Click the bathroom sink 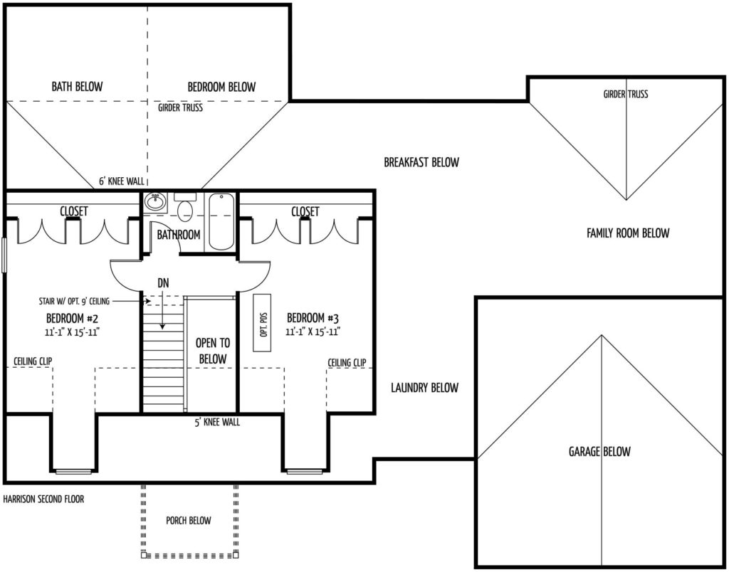[x=154, y=203]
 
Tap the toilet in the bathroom [x=185, y=206]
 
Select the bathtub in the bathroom [x=221, y=222]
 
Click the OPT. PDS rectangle [x=262, y=322]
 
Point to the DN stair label [x=163, y=282]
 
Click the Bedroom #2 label [x=72, y=318]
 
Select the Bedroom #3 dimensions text [x=313, y=332]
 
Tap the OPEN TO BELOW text [x=212, y=351]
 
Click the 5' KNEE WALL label [x=217, y=422]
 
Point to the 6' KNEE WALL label [x=122, y=181]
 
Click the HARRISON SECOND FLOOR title [x=43, y=499]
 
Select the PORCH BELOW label [x=188, y=521]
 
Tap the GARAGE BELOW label [x=599, y=451]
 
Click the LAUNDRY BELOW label [x=424, y=388]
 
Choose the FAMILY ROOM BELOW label [x=628, y=233]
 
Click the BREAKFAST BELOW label [x=421, y=162]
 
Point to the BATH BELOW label [x=77, y=86]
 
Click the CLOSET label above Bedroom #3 [x=305, y=211]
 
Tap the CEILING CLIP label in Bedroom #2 [x=33, y=361]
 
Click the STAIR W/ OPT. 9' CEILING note [x=74, y=301]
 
